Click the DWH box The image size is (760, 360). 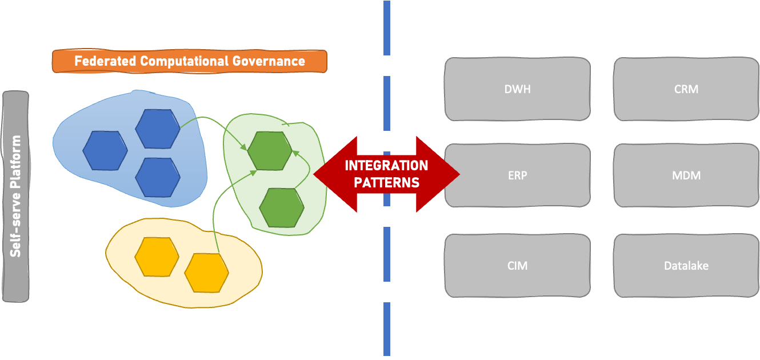point(517,89)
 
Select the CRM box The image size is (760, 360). point(686,89)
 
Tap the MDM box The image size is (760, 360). point(686,175)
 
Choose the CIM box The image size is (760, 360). point(517,266)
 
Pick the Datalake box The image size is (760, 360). point(686,266)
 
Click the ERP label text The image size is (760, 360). point(517,175)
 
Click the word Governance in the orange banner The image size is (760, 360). point(268,61)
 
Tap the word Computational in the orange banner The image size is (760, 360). point(182,61)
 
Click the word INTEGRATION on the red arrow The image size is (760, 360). point(386,166)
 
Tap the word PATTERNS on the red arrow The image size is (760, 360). point(386,183)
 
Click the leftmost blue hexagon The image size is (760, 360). point(105,150)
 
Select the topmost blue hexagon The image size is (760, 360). point(157,129)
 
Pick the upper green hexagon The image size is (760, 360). point(270,151)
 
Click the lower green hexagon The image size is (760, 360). point(282,207)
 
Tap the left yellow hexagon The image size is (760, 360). point(157,257)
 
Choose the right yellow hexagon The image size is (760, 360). point(206,272)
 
